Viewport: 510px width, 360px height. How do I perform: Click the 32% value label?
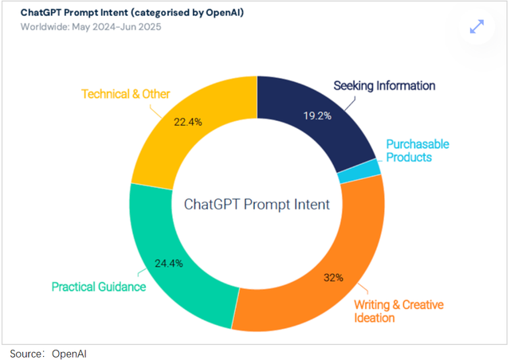coord(333,278)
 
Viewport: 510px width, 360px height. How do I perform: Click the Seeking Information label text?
coord(384,85)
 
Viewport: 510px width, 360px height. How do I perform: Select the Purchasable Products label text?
coord(418,151)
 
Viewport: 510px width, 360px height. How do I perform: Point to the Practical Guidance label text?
coord(99,287)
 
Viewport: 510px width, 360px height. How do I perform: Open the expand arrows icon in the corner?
coord(477,26)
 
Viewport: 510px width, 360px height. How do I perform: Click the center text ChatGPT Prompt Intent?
coord(257,204)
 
